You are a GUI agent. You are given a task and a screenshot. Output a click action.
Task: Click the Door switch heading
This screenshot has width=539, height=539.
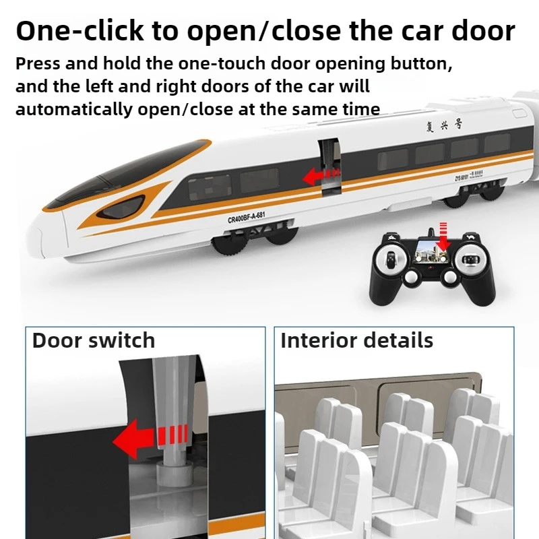tap(93, 340)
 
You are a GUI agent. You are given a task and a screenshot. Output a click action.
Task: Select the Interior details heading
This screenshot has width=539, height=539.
tap(356, 340)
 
